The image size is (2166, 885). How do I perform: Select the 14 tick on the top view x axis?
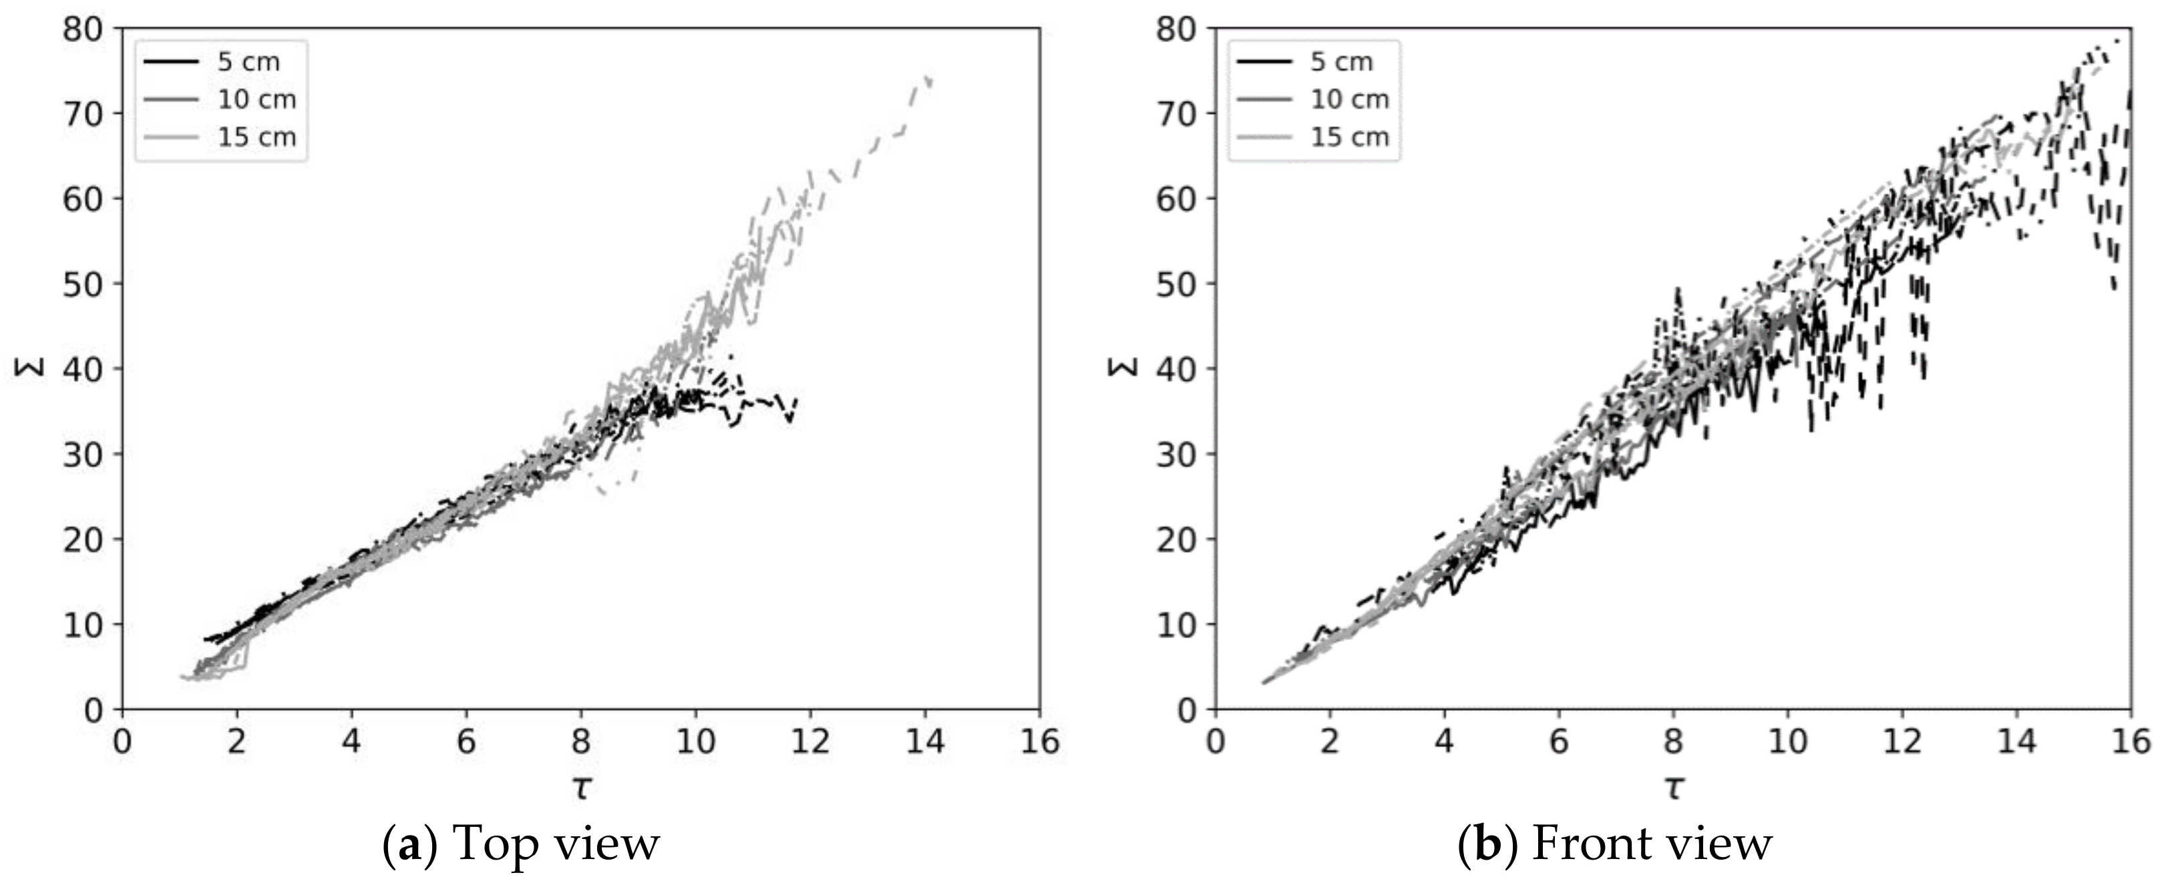925,742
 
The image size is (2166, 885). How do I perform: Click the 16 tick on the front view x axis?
2131,742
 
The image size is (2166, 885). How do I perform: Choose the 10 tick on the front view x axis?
1787,742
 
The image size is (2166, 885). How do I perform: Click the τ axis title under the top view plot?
581,788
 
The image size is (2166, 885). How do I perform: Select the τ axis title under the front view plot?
1673,788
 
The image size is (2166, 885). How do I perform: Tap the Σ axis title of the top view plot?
27,368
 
